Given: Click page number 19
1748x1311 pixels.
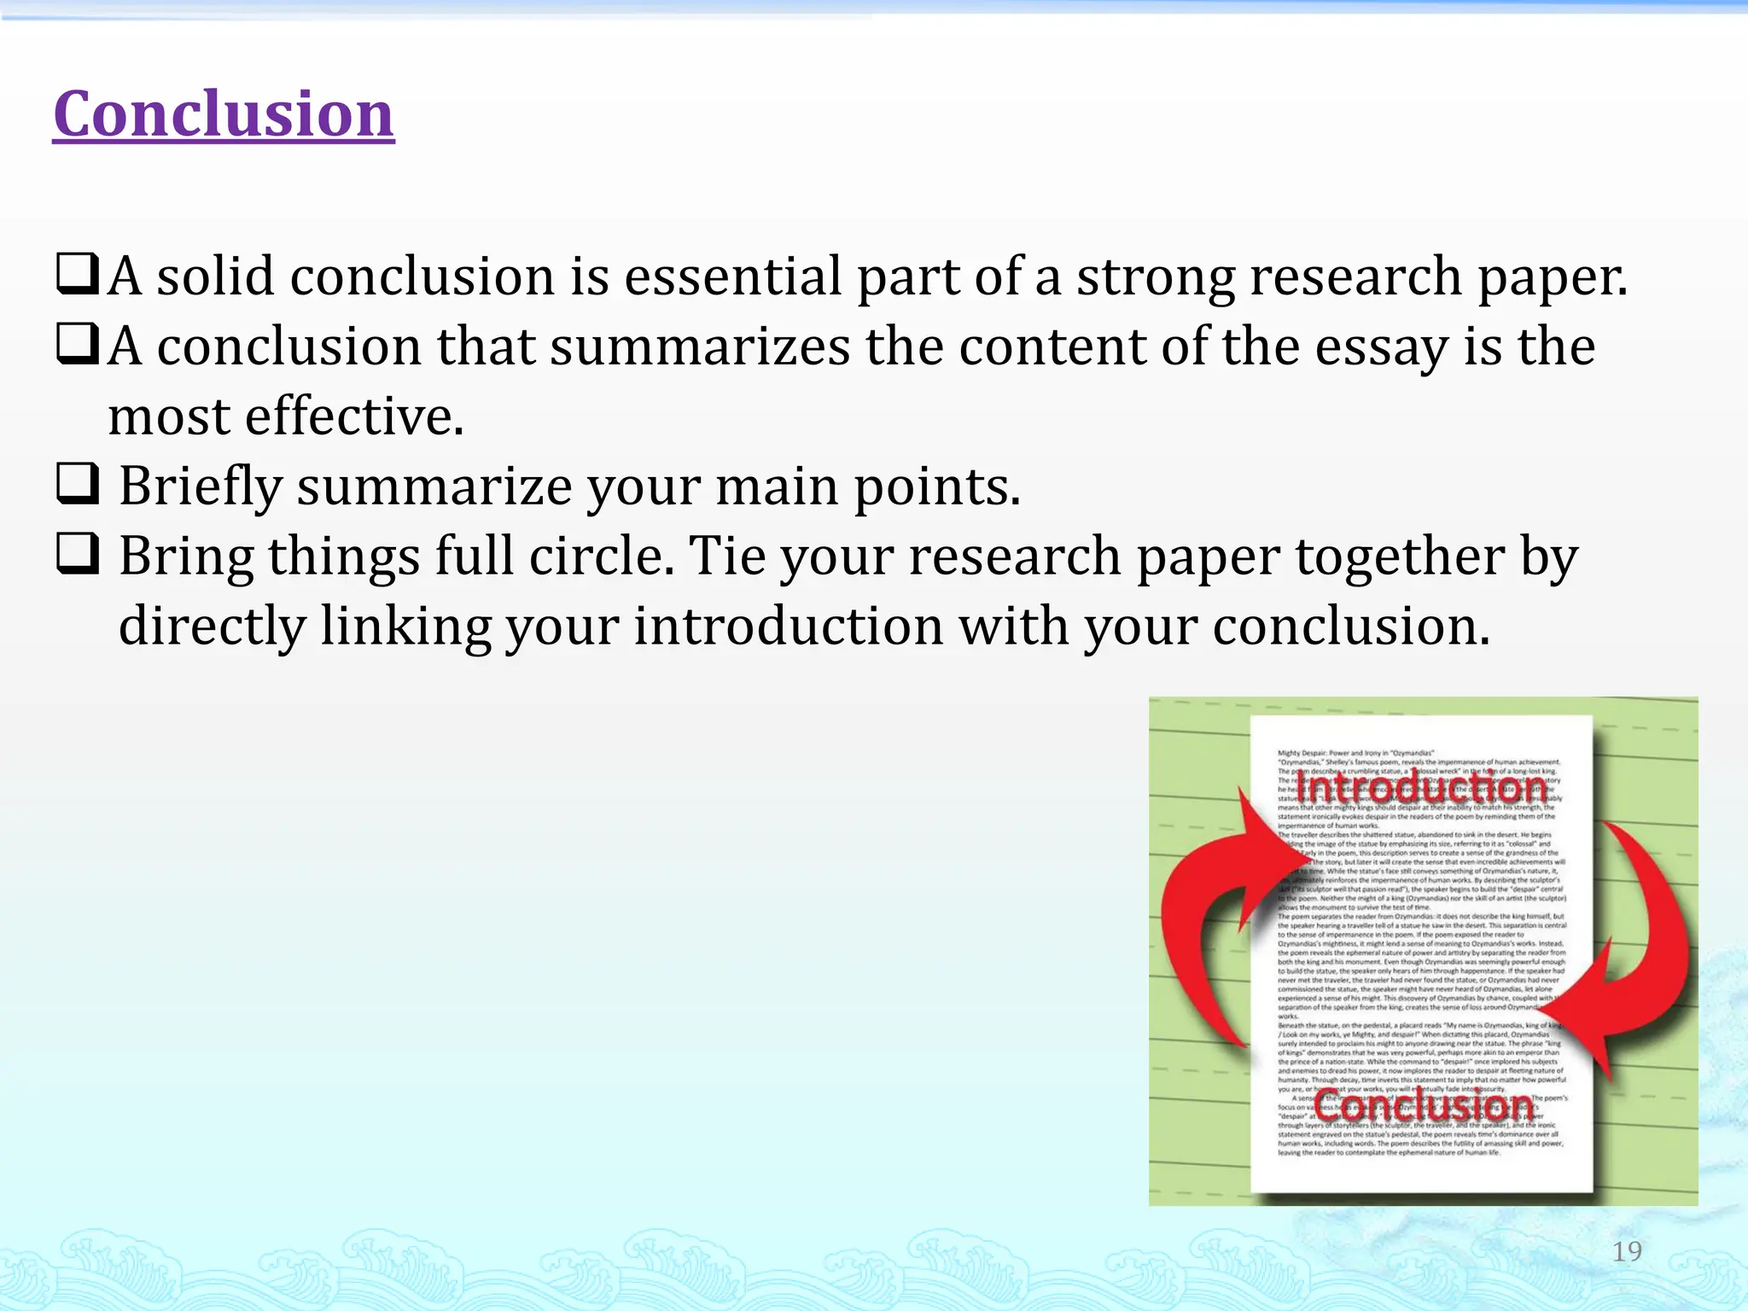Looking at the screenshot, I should (1627, 1251).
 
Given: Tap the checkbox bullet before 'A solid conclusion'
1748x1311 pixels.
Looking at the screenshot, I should (78, 274).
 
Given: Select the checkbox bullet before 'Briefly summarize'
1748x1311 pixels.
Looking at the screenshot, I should (78, 484).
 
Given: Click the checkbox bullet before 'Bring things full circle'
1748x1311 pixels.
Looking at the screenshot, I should (78, 554).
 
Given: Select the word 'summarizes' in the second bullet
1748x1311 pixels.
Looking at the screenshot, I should (700, 347).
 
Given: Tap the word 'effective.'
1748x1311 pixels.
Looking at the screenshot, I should (354, 417).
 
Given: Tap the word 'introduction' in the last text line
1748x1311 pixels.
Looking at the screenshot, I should (788, 626).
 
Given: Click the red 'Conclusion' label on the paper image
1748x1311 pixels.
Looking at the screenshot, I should (1424, 1106).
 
